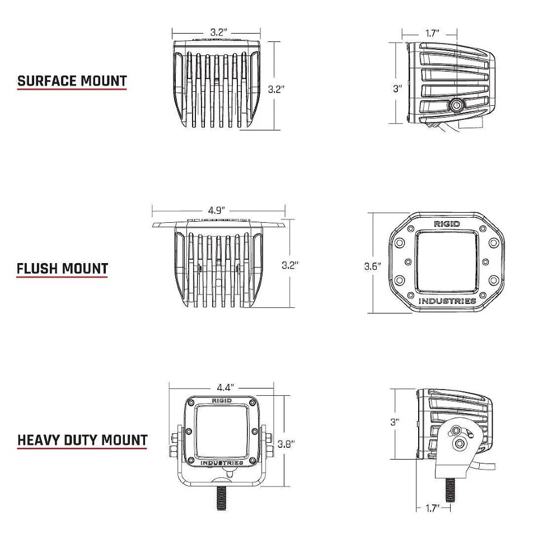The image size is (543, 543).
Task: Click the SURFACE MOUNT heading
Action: tap(72, 81)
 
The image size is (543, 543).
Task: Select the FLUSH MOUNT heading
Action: tap(62, 269)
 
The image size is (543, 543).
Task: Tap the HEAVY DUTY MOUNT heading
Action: tap(82, 440)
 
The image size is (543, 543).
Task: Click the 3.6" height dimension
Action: tap(372, 266)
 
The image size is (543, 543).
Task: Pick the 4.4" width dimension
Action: tap(224, 387)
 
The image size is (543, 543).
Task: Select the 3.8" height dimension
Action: tap(286, 444)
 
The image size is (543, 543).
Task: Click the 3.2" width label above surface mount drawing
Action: tap(218, 32)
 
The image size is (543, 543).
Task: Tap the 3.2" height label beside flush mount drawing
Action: tap(289, 265)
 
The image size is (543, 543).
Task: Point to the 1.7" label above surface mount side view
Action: tap(432, 34)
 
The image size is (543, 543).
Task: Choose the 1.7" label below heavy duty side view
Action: tap(430, 508)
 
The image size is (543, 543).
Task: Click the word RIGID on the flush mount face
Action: tap(447, 224)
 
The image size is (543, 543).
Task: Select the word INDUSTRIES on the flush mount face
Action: tap(447, 301)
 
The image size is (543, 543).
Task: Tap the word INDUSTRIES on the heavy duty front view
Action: tap(222, 463)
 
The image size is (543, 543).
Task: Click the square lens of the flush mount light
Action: tap(447, 262)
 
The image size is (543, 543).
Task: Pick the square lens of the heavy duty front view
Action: tap(222, 432)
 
